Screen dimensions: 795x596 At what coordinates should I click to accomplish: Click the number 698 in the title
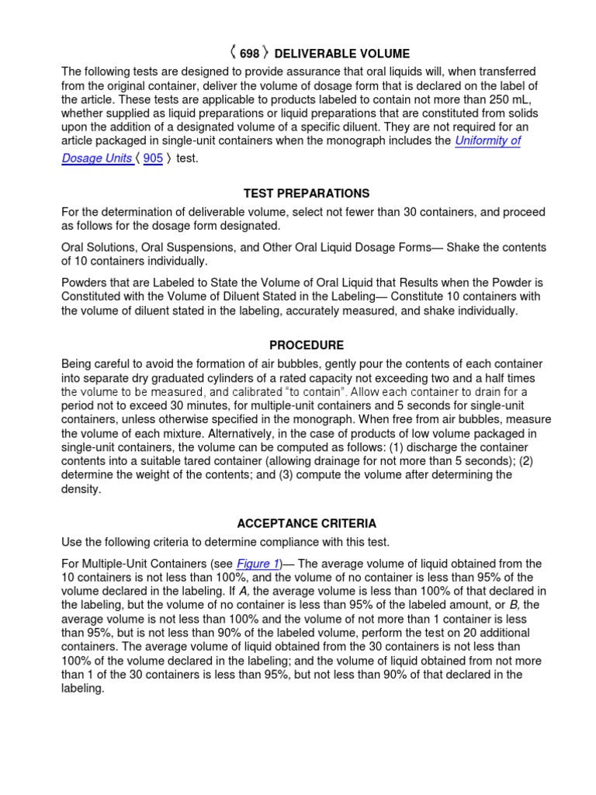(249, 54)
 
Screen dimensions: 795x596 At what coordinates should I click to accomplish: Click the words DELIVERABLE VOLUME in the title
(341, 54)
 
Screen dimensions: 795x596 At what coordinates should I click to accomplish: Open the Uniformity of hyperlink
(487, 141)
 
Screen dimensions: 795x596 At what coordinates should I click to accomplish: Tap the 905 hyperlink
(153, 158)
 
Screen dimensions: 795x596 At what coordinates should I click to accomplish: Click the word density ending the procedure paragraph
(81, 489)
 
